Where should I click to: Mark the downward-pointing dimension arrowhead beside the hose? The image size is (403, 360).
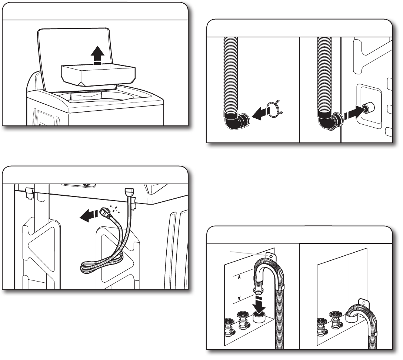[x=239, y=296]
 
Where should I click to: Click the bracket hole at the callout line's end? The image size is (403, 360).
[x=271, y=256]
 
